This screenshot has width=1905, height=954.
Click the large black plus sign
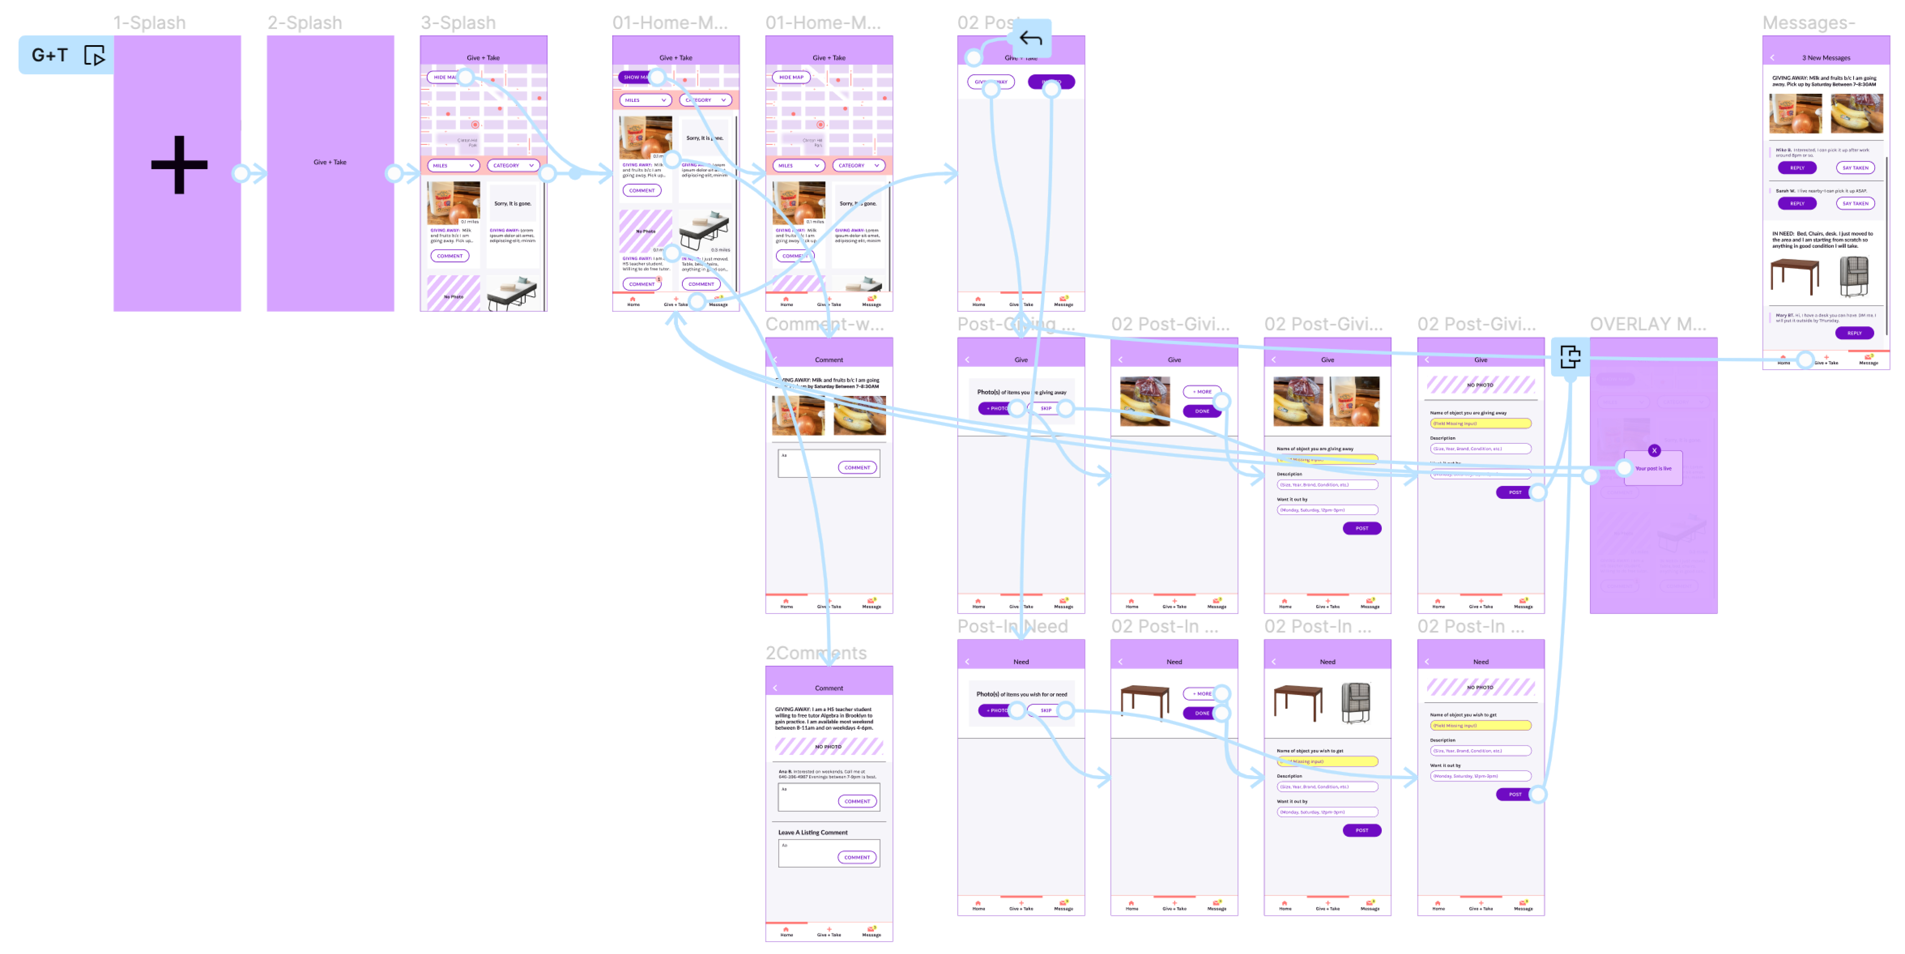coord(179,164)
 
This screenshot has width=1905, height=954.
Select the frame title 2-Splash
coord(305,23)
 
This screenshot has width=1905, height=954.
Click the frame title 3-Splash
coord(458,23)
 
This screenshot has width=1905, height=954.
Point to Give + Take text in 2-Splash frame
coord(330,162)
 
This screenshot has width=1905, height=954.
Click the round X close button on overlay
coord(1654,450)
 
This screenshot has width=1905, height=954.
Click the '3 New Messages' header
coord(1826,58)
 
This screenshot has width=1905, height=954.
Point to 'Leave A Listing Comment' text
coord(813,832)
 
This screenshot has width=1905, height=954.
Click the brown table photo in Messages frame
coord(1795,275)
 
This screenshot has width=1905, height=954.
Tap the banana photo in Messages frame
coord(1856,113)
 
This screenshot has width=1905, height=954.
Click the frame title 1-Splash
coord(149,23)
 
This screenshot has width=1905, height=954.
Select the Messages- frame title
coord(1808,23)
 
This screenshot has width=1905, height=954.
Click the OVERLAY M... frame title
coord(1648,324)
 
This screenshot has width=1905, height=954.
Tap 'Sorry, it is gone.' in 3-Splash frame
coord(513,203)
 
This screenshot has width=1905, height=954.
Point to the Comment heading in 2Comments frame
coord(828,688)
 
